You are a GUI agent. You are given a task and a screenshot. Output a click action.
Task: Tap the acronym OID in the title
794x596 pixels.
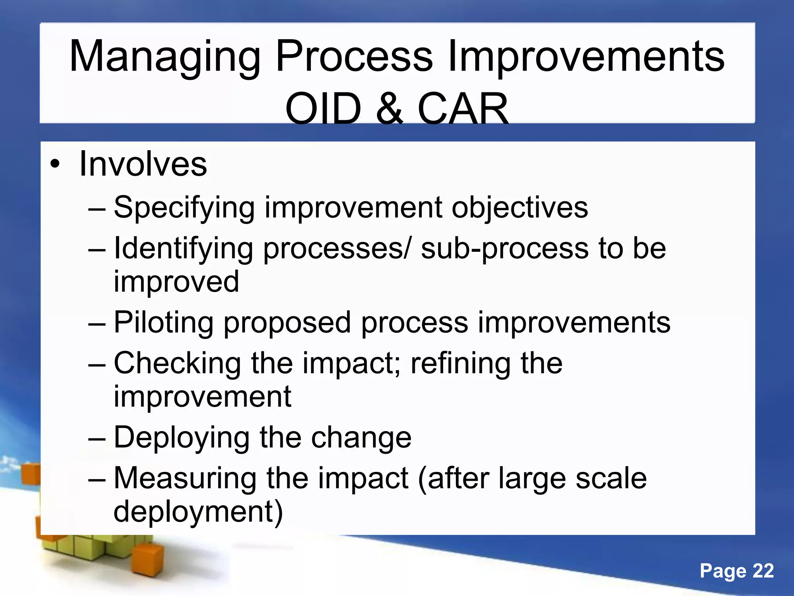(323, 109)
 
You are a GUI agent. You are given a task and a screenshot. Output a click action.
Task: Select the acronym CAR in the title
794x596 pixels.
(463, 109)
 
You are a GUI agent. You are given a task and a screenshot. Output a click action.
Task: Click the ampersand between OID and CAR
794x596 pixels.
(390, 109)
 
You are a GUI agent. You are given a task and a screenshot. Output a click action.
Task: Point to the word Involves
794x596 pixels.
(143, 164)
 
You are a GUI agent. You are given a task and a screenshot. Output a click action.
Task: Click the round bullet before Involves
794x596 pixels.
(55, 165)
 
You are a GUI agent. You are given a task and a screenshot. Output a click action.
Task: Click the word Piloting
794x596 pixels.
(163, 323)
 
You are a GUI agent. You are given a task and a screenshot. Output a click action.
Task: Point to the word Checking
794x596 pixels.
(177, 364)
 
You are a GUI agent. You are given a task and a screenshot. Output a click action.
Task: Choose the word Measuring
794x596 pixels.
(185, 478)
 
